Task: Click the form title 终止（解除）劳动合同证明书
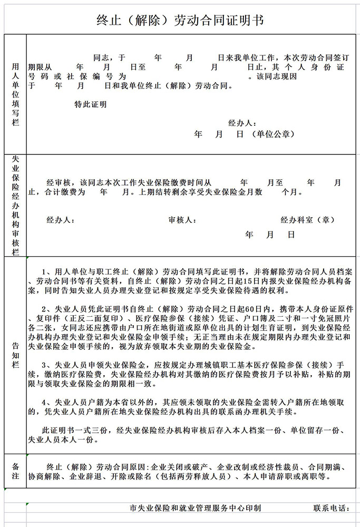(180, 21)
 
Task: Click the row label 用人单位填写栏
(15, 94)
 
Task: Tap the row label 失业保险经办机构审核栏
(15, 205)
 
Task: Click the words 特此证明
(90, 104)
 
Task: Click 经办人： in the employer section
(242, 123)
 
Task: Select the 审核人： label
(183, 220)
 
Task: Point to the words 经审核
(59, 182)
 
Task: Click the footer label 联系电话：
(331, 508)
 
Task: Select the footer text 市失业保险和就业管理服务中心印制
(195, 508)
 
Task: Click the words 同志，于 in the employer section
(110, 57)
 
